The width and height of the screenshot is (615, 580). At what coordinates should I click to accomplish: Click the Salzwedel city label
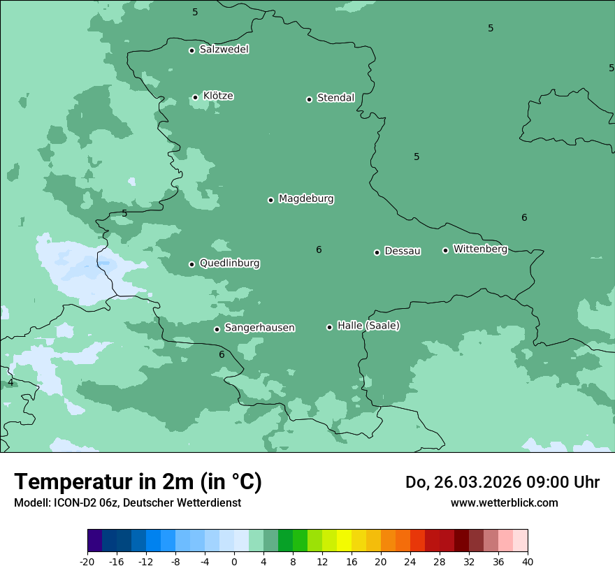tap(224, 50)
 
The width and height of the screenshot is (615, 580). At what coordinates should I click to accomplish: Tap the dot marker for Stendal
tap(309, 99)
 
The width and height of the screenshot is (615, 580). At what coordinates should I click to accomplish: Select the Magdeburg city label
tap(306, 199)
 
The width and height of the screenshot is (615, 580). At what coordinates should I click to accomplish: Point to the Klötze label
tap(218, 96)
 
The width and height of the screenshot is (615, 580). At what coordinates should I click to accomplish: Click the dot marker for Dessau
tap(377, 252)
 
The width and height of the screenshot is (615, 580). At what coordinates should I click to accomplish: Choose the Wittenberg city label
tap(480, 249)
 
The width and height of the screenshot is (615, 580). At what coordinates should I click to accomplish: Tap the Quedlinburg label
tap(229, 263)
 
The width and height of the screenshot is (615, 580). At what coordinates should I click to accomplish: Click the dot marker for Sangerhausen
tap(217, 329)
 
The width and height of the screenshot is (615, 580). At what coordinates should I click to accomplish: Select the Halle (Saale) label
tap(368, 326)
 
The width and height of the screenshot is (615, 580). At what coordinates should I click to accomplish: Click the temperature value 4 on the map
tap(10, 383)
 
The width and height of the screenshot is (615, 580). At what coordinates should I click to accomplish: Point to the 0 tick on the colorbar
tap(234, 562)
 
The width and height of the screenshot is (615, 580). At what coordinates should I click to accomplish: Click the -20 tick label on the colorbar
tap(87, 562)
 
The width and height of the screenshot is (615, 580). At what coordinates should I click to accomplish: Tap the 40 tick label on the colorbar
tap(528, 562)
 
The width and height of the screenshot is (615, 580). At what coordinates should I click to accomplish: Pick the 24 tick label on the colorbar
tap(410, 562)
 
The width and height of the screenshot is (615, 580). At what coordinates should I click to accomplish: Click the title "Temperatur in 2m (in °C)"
tap(138, 482)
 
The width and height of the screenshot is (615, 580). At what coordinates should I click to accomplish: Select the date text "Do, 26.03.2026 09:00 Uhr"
tap(502, 482)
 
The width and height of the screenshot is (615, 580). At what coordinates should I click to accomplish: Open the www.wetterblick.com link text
tap(504, 503)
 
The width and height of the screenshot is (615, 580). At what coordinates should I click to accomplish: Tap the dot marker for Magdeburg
tap(270, 200)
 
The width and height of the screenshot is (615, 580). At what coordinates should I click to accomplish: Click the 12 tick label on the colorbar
tap(322, 562)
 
